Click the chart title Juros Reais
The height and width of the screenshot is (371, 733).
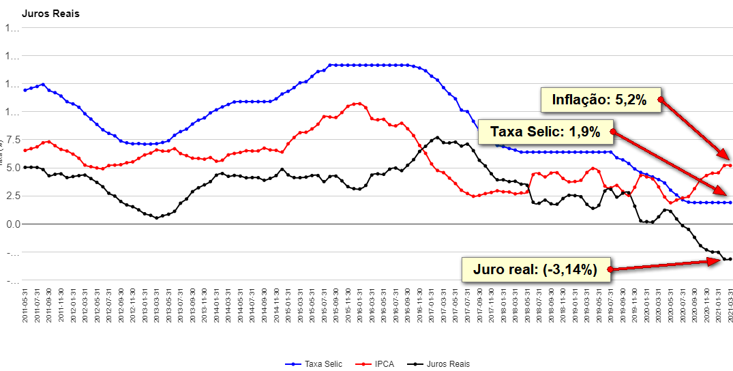(50, 14)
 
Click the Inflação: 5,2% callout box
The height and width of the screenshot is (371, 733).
(599, 100)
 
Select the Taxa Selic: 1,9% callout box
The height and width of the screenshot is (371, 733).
(545, 131)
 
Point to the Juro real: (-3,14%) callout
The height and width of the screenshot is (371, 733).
(535, 269)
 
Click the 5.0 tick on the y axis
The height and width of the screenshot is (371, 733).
(12, 168)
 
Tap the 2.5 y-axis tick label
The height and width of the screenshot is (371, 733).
(12, 196)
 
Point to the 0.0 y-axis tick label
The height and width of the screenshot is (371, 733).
(12, 224)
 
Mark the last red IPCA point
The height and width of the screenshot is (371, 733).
(730, 165)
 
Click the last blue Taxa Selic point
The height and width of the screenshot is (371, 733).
(730, 203)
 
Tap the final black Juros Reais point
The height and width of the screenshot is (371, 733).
(730, 259)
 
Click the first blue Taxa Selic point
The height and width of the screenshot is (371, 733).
(25, 90)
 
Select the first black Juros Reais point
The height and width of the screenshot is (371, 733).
(25, 167)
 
